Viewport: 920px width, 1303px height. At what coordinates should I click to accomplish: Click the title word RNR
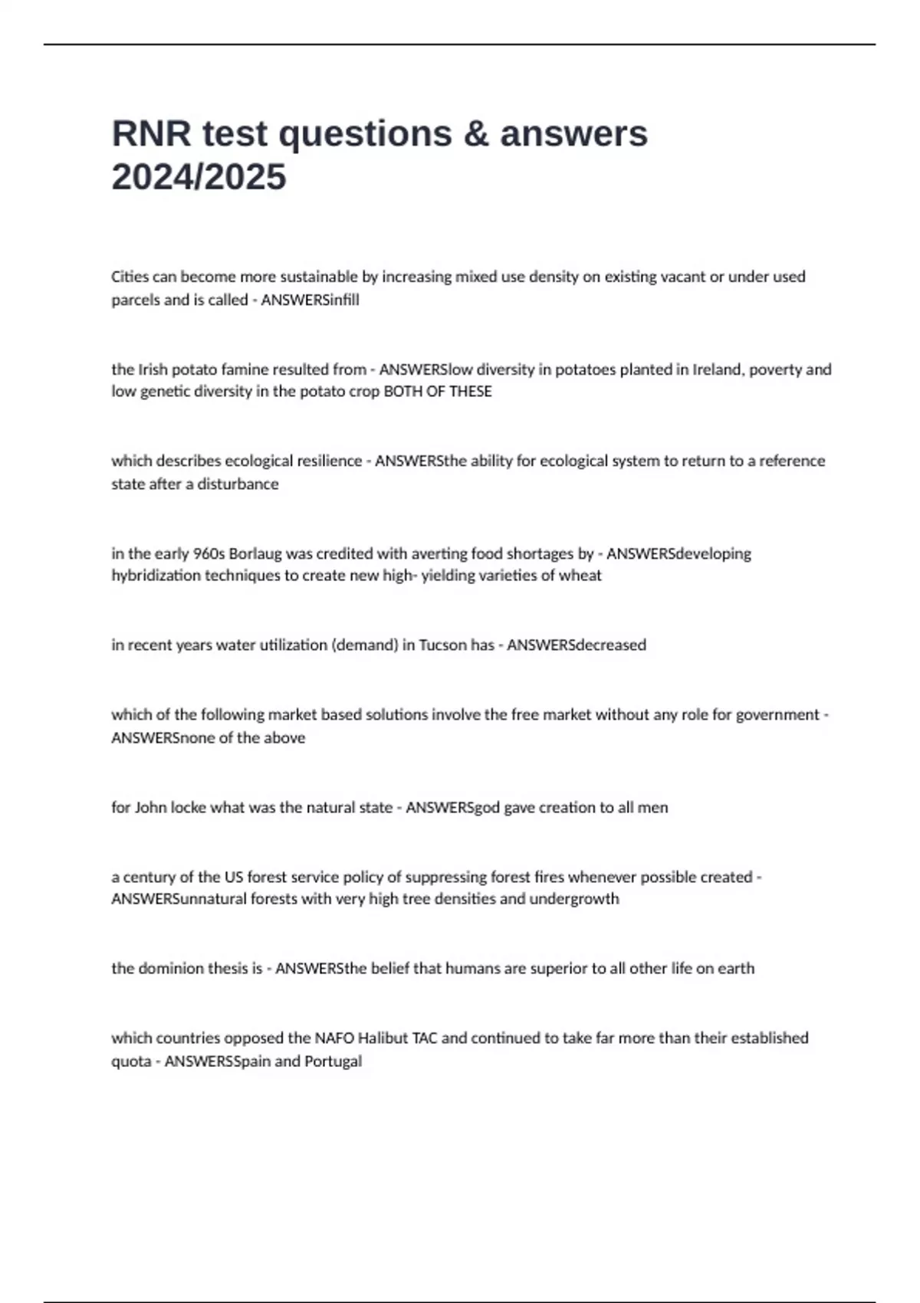click(x=151, y=134)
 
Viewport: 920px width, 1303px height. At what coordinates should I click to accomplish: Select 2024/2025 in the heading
click(x=199, y=177)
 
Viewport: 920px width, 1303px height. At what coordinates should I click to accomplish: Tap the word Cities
click(x=130, y=277)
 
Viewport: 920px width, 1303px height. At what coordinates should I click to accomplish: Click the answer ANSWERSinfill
click(x=310, y=300)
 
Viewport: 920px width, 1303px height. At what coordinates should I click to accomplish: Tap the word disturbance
click(x=238, y=484)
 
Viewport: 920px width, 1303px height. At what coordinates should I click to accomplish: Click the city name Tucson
click(x=442, y=645)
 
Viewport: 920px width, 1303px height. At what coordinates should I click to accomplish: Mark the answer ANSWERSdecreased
click(x=576, y=645)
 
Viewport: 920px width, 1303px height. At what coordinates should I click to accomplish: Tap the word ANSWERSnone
click(x=159, y=738)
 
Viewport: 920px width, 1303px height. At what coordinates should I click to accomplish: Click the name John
click(x=150, y=807)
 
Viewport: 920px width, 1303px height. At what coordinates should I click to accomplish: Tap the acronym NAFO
click(x=334, y=1039)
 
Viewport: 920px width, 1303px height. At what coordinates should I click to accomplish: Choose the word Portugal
click(x=333, y=1062)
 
